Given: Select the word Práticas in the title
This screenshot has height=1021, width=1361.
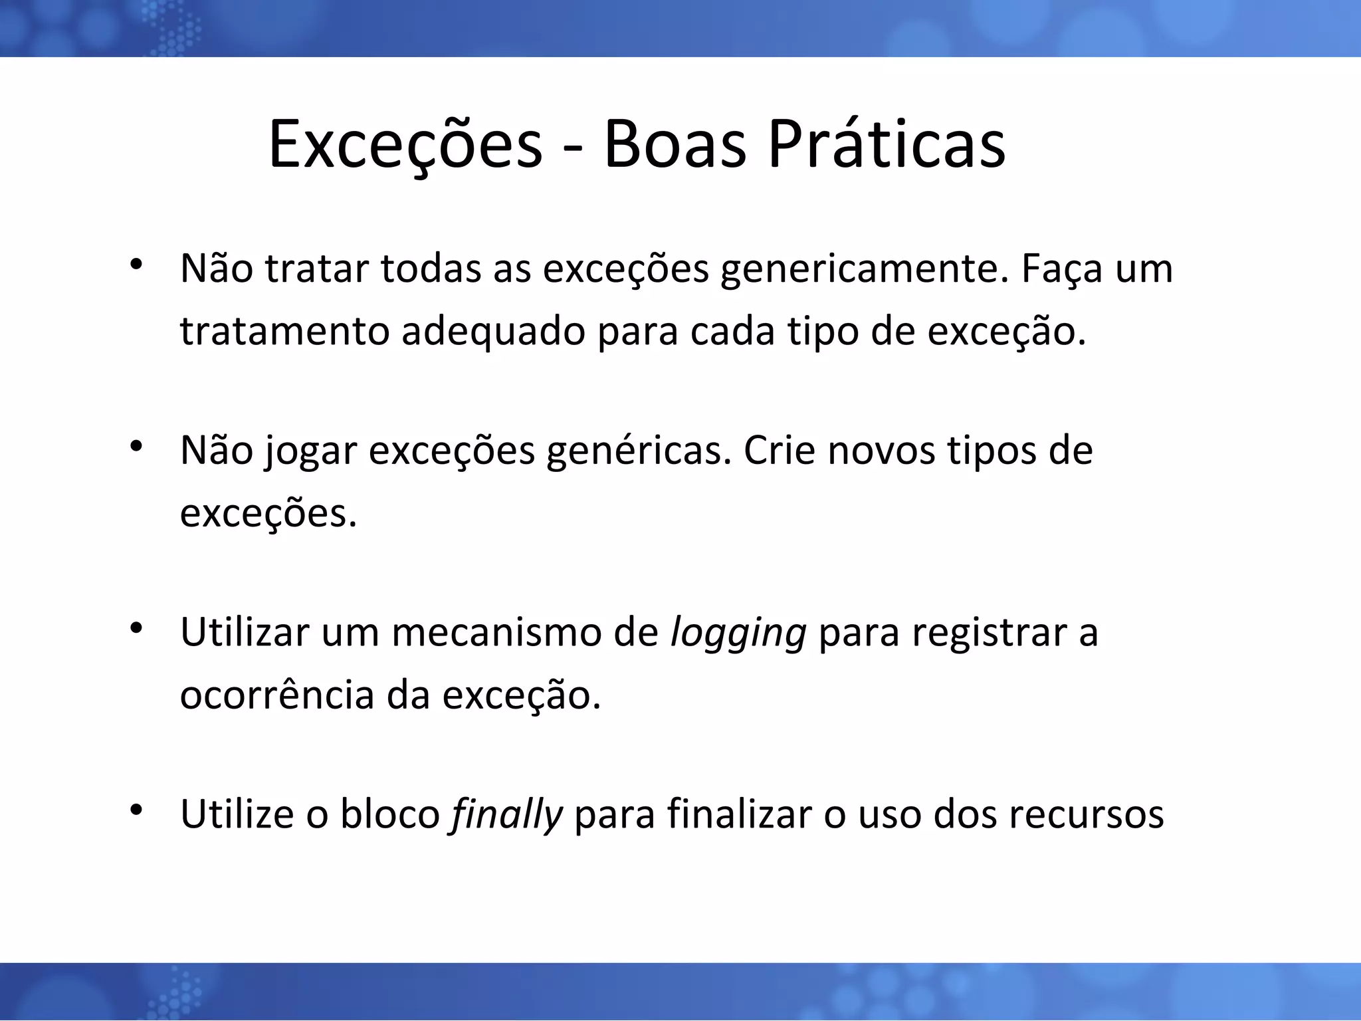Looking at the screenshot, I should (x=887, y=145).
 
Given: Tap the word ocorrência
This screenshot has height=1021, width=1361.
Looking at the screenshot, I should (x=277, y=695).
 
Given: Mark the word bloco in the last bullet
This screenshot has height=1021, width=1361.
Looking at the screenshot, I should (x=390, y=814).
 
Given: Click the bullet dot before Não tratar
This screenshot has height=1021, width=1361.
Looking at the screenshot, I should (x=137, y=264).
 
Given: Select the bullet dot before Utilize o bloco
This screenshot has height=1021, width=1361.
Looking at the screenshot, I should (x=137, y=808).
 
